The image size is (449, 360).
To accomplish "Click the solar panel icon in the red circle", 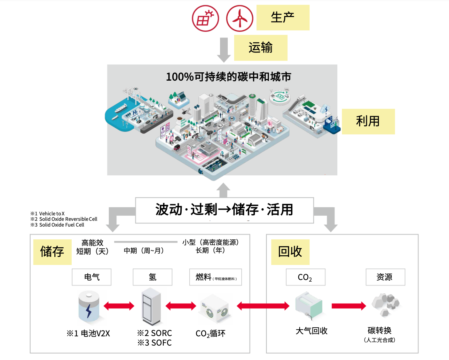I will point(205,18).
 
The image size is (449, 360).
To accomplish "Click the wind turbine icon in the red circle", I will point(240,18).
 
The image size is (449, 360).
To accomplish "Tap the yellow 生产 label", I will point(283,18).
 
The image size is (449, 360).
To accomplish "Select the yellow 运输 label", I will point(261,48).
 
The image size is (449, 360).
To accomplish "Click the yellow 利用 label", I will point(368,121).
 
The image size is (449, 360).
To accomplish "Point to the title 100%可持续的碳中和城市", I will point(228,77).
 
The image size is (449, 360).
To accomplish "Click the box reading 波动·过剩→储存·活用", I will point(224,210).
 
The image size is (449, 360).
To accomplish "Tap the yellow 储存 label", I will point(52,252).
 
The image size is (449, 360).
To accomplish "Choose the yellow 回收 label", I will point(290,252).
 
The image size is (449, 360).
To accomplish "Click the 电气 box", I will point(91,277).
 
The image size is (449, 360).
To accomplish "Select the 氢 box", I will point(153,277).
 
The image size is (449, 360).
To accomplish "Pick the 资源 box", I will point(385,277).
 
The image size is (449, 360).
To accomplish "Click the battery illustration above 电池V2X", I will point(89,307).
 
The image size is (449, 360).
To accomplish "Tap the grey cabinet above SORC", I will point(151,306).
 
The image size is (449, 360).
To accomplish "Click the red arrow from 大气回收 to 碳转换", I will point(349,306).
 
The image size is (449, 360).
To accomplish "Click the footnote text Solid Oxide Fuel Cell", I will point(62,225).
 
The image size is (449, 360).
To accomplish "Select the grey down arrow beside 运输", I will point(224,50).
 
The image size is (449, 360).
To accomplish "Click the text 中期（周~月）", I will point(144,251).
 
